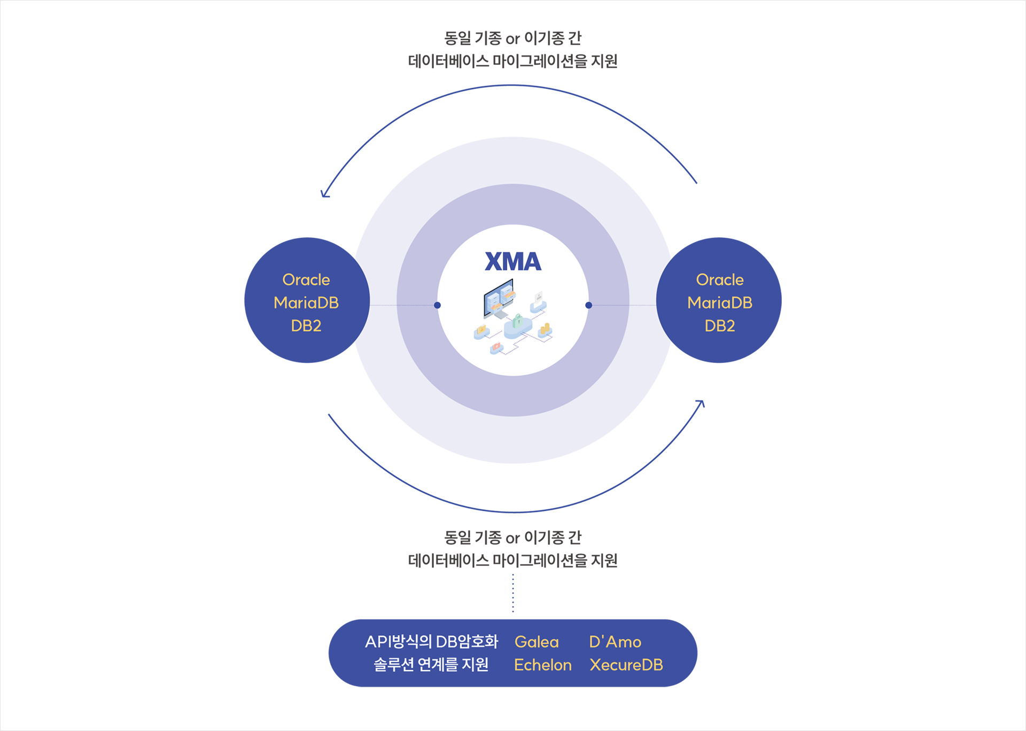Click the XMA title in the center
513,261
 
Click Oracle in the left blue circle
306,279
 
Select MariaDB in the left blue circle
306,302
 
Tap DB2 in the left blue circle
306,325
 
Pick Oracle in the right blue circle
720,279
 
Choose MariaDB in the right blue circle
720,302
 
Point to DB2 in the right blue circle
720,325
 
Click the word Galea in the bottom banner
537,642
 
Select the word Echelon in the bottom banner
543,665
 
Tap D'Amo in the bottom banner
615,642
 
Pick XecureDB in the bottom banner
626,665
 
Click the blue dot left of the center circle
437,305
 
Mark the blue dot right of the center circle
589,305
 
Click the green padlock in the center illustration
518,321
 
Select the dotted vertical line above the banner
513,593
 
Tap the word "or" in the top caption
512,39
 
